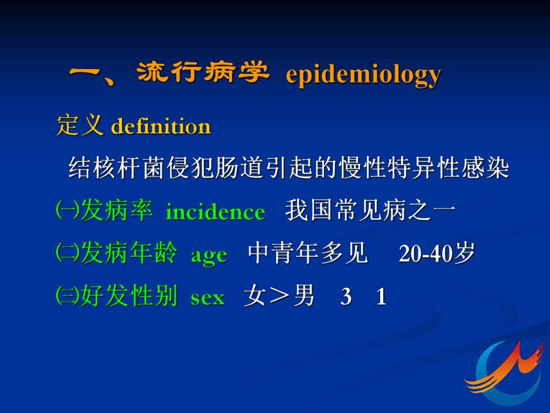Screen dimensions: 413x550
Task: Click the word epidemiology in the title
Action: [363, 75]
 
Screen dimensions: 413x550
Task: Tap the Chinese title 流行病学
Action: [203, 74]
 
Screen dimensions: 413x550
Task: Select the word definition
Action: [161, 127]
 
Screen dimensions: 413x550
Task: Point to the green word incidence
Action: [215, 212]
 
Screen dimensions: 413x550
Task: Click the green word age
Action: [209, 255]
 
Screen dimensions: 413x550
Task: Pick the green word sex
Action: [207, 297]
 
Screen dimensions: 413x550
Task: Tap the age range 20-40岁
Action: [436, 254]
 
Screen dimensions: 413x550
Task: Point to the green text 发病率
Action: [117, 211]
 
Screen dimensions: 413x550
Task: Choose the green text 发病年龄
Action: [129, 254]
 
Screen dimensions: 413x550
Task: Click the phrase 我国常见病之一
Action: [371, 211]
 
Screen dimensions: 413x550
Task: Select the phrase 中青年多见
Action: [308, 254]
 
